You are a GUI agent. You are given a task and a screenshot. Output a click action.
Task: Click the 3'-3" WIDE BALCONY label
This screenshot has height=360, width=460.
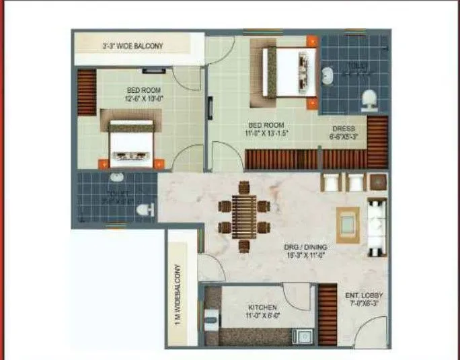(x=132, y=46)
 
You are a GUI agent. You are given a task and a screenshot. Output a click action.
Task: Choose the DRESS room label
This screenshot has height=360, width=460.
(x=343, y=129)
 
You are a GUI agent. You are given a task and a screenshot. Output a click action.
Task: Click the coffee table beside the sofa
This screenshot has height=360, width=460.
(x=347, y=220)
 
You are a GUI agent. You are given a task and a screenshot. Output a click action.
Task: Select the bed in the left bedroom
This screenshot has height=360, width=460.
(x=132, y=143)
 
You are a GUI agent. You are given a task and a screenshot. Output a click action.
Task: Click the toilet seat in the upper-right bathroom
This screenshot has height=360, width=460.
(x=369, y=100)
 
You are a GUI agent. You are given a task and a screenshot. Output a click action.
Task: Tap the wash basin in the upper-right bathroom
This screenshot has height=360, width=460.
(x=328, y=75)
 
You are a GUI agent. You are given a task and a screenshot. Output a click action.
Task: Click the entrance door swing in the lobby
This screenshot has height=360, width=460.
(x=370, y=330)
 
